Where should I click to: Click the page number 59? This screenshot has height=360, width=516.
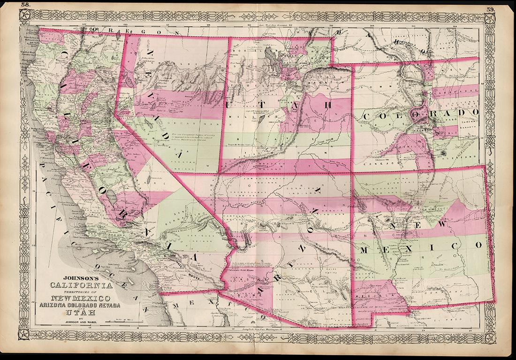point(491,9)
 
